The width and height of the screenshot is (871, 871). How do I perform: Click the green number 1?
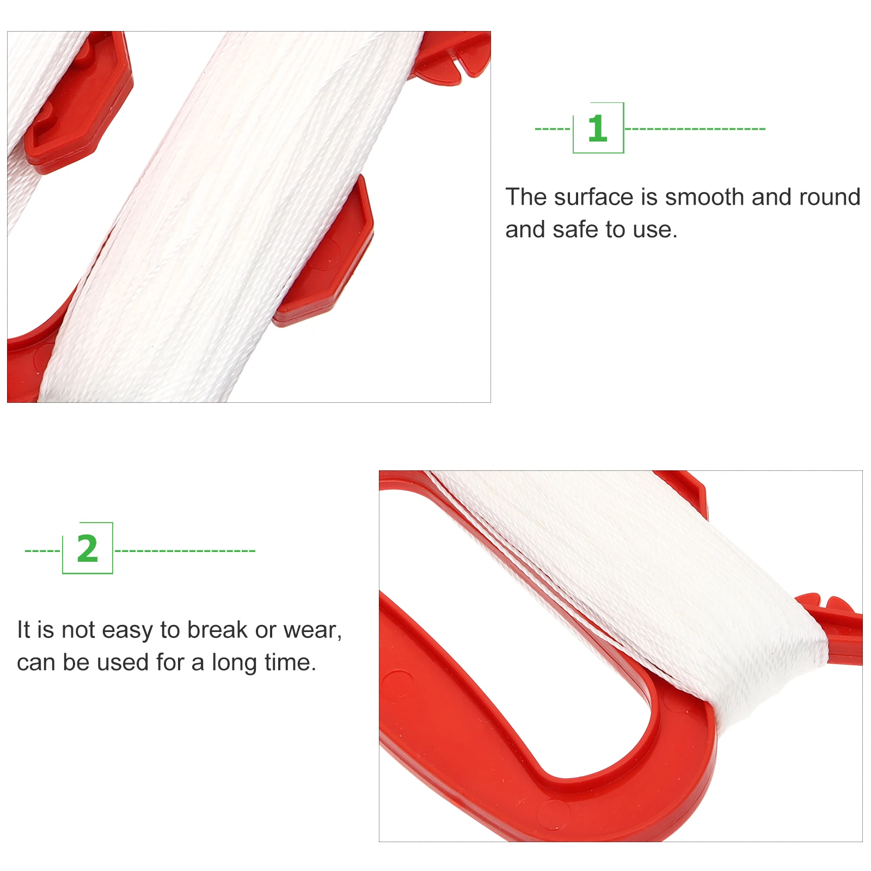point(597,128)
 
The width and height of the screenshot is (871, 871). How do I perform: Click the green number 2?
point(88,549)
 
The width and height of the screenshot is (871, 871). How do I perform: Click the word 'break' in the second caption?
point(217,630)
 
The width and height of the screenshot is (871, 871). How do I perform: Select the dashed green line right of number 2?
point(185,551)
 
